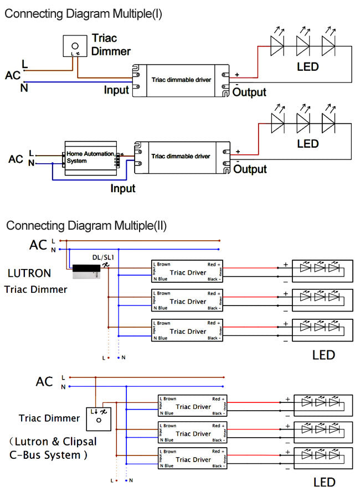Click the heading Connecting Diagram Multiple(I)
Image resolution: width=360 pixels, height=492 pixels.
click(83, 14)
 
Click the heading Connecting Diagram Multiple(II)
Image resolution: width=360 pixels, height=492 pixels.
click(86, 226)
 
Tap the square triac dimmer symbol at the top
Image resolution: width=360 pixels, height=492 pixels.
click(75, 46)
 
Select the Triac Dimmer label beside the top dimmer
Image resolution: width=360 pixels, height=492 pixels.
click(111, 45)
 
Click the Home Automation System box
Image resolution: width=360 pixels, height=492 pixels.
click(91, 157)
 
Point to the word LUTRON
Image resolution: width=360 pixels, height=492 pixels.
click(29, 273)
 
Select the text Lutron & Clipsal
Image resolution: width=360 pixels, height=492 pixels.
click(54, 442)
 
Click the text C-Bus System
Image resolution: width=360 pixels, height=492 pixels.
click(49, 455)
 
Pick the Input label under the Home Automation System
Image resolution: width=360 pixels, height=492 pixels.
click(123, 189)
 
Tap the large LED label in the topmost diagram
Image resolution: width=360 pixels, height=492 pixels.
click(308, 67)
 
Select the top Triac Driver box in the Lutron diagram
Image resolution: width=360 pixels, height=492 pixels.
click(187, 272)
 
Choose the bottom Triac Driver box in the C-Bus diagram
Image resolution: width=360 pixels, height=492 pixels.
click(193, 459)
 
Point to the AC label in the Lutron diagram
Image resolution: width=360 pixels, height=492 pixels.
click(39, 245)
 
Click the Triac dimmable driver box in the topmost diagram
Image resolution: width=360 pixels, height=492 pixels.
click(181, 80)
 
